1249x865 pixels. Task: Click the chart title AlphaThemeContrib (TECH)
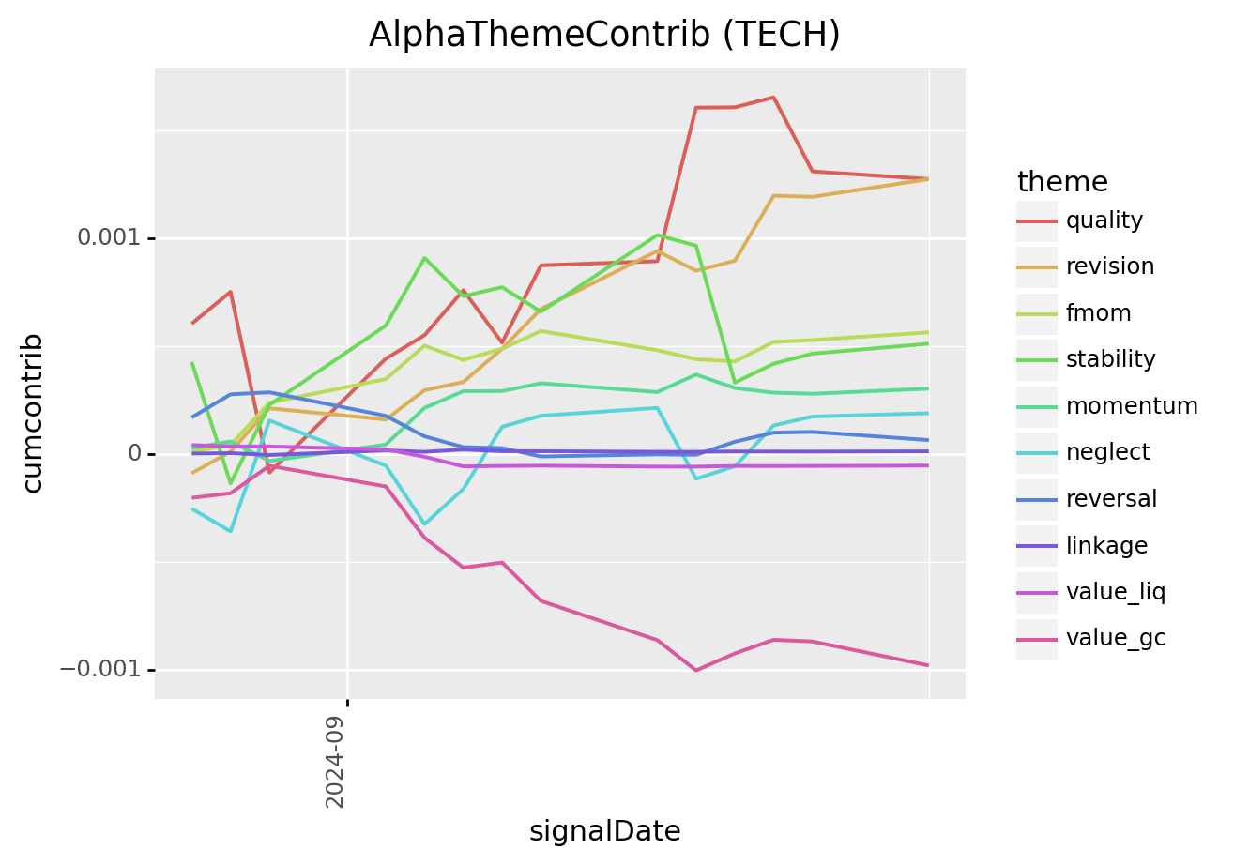[x=604, y=35]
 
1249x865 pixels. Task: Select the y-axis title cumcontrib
[x=33, y=413]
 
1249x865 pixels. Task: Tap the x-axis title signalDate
[x=604, y=831]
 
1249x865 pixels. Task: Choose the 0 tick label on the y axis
[x=133, y=454]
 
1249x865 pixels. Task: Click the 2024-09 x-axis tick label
[x=335, y=760]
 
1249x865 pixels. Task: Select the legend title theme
[x=1062, y=181]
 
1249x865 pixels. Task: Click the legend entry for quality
[x=1104, y=220]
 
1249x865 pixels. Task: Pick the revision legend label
[x=1109, y=266]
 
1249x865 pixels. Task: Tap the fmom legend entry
[x=1098, y=313]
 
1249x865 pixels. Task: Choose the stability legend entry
[x=1110, y=359]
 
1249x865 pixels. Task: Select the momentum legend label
[x=1131, y=406]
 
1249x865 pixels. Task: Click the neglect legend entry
[x=1107, y=452]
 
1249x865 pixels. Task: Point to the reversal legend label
[x=1111, y=499]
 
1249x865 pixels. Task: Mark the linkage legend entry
[x=1106, y=545]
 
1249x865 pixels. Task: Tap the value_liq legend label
[x=1115, y=592]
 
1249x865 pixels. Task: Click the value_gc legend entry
[x=1115, y=638]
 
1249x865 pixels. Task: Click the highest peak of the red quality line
[x=773, y=97]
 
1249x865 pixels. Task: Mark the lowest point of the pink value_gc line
[x=696, y=670]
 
